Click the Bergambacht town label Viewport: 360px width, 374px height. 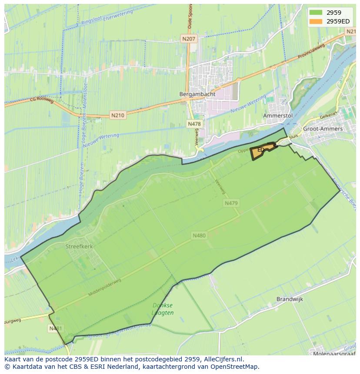[x=192, y=94]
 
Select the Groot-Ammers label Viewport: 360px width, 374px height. [x=323, y=129]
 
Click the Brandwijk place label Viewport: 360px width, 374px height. [x=290, y=299]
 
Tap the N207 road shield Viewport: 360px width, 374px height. [x=189, y=39]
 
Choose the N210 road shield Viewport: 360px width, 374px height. [x=117, y=116]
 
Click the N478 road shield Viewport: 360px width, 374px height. [x=194, y=124]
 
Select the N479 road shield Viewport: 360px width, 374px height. [x=231, y=203]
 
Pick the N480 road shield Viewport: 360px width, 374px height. [x=199, y=235]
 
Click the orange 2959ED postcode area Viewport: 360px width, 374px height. [x=262, y=151]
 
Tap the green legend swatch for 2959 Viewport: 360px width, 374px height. [x=316, y=13]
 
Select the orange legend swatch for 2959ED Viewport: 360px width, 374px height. [x=316, y=21]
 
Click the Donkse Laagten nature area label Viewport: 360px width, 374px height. [x=163, y=309]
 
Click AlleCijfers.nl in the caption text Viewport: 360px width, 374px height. [x=222, y=359]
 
